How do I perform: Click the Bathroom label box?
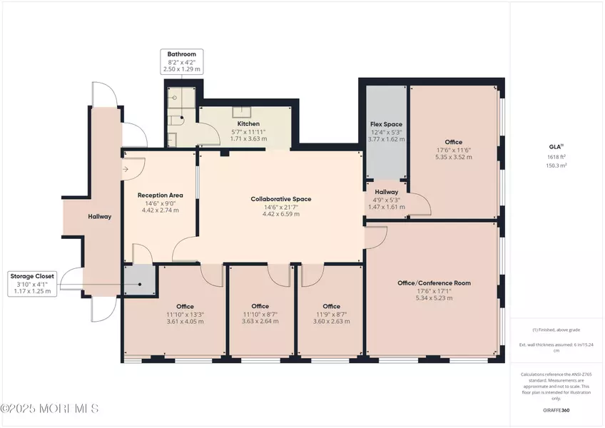coord(182,62)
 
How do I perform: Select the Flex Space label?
coord(385,124)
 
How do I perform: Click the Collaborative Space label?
coord(280,198)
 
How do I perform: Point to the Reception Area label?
coord(160,195)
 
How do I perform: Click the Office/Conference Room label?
coord(433,282)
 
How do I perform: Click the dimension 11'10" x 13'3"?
coord(161,314)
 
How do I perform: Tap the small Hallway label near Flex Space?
coord(386,191)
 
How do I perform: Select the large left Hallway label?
coord(99,216)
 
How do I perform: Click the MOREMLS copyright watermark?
coord(50,409)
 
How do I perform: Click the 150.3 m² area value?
coord(557,165)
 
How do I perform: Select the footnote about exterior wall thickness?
coord(557,345)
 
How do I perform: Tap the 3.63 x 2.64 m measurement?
coord(260,322)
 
